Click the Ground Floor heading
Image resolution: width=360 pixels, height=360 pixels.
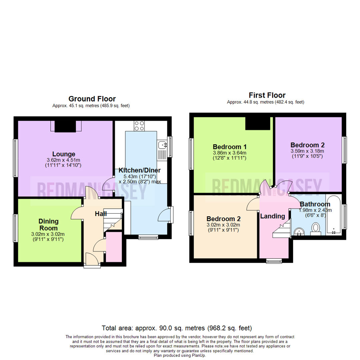click(92, 99)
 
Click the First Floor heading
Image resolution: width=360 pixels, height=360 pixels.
click(267, 95)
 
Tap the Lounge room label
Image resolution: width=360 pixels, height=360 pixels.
click(64, 154)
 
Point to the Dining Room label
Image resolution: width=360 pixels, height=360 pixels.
click(49, 225)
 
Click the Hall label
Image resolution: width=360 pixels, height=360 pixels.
click(101, 213)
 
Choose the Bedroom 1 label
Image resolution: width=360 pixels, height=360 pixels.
click(230, 147)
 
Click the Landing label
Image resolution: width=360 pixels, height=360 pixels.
click(272, 216)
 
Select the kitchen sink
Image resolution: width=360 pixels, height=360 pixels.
click(163, 145)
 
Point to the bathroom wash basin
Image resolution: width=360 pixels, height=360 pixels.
click(299, 231)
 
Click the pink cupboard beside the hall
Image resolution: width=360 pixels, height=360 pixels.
click(114, 247)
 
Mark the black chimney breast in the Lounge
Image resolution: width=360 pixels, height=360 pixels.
click(65, 126)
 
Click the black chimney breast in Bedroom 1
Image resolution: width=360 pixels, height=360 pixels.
click(258, 123)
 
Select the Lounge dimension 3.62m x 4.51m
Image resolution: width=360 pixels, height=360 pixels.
click(64, 160)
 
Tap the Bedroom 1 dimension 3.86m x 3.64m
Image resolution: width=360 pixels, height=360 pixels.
click(230, 153)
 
